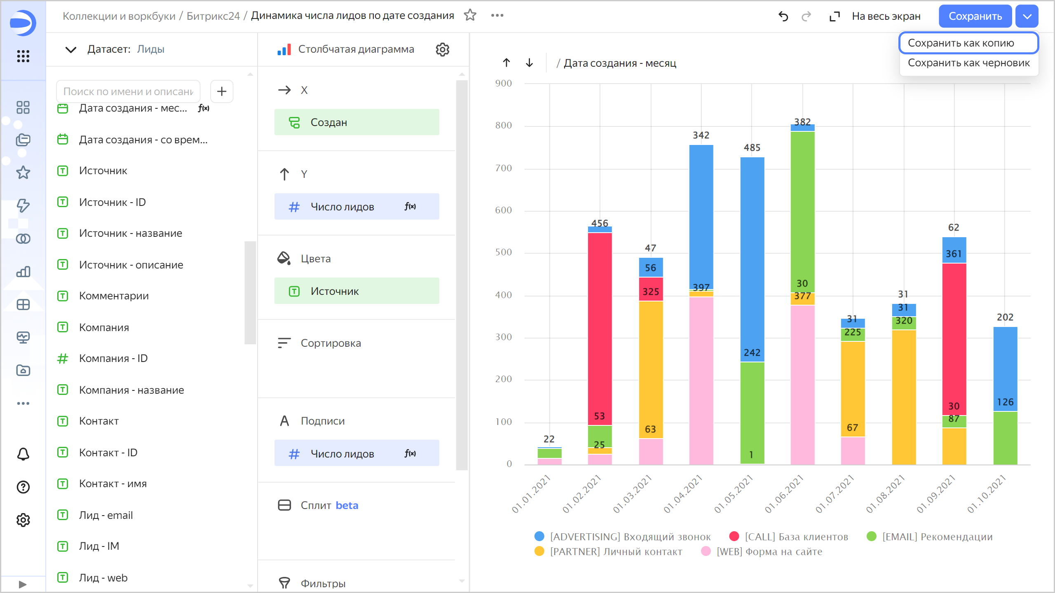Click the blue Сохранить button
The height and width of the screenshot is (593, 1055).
[x=975, y=16]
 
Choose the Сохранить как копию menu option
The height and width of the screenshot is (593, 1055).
[x=961, y=43]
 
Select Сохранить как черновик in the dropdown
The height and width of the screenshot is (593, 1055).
[x=968, y=63]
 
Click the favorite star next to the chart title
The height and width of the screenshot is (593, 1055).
[x=470, y=15]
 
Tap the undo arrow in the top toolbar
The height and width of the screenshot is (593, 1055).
[x=783, y=16]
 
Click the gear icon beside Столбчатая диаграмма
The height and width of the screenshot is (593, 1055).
[x=442, y=49]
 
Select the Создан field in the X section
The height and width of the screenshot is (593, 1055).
[x=356, y=122]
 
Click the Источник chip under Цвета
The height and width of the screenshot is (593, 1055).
[x=356, y=291]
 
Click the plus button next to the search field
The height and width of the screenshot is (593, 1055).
[x=222, y=91]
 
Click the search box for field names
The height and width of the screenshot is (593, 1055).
[x=128, y=91]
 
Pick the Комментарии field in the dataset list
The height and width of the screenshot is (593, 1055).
[x=114, y=296]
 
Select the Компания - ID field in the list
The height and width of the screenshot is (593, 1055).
[x=113, y=358]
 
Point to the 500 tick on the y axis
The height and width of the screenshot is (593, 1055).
[x=504, y=252]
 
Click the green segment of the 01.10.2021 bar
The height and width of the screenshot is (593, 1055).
[x=1005, y=437]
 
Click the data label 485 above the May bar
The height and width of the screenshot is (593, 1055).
[x=752, y=147]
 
